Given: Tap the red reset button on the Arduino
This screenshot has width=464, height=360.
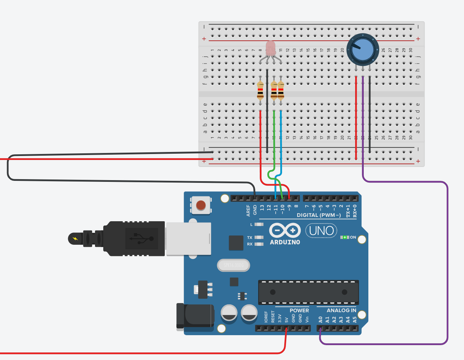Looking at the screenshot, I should pyautogui.click(x=201, y=205).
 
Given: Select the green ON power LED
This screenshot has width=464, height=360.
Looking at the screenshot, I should pyautogui.click(x=345, y=237).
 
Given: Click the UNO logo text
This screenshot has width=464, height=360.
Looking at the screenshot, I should pyautogui.click(x=321, y=231).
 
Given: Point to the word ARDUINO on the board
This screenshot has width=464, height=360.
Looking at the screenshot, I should pyautogui.click(x=285, y=242).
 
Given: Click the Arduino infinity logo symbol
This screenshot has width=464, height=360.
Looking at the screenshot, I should pyautogui.click(x=285, y=230).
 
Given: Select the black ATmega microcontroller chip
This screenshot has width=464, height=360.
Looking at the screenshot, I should pyautogui.click(x=308, y=292).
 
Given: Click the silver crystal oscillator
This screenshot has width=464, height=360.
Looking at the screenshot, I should pyautogui.click(x=233, y=265).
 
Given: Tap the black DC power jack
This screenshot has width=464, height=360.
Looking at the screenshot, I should pyautogui.click(x=196, y=317).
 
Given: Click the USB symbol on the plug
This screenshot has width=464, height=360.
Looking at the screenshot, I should pyautogui.click(x=142, y=238).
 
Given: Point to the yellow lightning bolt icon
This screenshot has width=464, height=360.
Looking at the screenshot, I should pyautogui.click(x=75, y=238).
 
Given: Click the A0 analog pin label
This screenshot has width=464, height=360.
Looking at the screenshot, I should pyautogui.click(x=320, y=320).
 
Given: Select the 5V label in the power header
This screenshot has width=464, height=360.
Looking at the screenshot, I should pyautogui.click(x=287, y=320).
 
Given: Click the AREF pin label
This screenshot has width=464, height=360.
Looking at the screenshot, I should pyautogui.click(x=248, y=211).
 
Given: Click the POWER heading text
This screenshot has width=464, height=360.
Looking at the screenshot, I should pyautogui.click(x=299, y=310).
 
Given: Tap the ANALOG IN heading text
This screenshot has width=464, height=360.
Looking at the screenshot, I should pyautogui.click(x=341, y=310).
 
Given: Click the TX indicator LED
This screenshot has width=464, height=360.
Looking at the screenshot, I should pyautogui.click(x=259, y=237).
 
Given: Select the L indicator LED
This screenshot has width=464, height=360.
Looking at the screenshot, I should pyautogui.click(x=259, y=225).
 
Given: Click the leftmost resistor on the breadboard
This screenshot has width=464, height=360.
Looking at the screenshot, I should pyautogui.click(x=260, y=90).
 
